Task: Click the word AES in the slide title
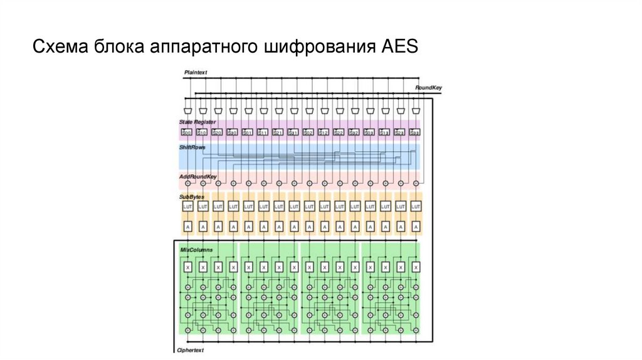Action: coord(399,48)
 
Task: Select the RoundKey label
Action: coord(428,88)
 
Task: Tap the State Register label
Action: coord(197,122)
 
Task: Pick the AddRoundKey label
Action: coord(197,177)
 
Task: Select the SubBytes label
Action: coord(191,197)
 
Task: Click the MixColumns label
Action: coord(196,250)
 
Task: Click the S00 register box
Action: coord(187,132)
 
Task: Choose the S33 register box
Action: coord(414,132)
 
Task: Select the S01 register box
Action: coord(248,132)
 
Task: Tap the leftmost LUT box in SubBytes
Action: coord(187,206)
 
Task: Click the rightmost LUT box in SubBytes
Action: coord(414,206)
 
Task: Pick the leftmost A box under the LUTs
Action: coord(187,226)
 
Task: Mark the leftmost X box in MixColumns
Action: coord(187,267)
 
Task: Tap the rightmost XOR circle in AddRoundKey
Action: coord(414,184)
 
